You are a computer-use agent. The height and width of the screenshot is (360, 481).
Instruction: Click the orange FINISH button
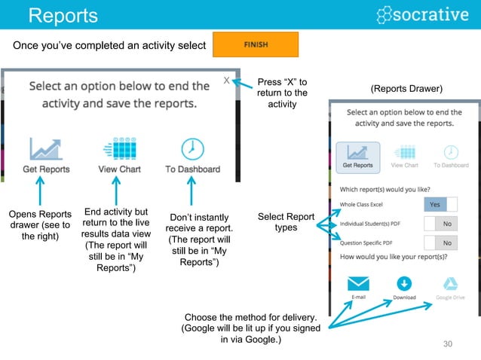click(256, 44)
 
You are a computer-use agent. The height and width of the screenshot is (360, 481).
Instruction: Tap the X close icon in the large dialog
click(226, 80)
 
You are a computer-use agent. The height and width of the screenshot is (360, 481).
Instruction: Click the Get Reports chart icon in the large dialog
click(46, 148)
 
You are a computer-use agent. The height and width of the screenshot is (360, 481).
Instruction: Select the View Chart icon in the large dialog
click(118, 148)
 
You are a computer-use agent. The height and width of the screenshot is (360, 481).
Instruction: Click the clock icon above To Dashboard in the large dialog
click(192, 148)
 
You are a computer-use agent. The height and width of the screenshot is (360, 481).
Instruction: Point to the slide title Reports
click(63, 15)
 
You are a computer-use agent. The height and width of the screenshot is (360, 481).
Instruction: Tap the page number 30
click(448, 344)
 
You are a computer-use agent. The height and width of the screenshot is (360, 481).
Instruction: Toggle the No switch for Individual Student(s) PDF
click(441, 224)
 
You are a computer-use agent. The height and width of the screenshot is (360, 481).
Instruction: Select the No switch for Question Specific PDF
click(441, 243)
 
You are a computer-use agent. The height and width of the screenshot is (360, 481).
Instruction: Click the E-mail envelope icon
click(358, 283)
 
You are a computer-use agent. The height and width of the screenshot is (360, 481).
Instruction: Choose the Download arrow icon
click(404, 283)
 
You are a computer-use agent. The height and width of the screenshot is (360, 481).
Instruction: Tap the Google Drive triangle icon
click(450, 283)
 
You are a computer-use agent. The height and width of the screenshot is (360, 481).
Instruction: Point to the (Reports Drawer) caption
click(406, 90)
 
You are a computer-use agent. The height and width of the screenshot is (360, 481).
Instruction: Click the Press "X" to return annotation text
click(282, 93)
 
